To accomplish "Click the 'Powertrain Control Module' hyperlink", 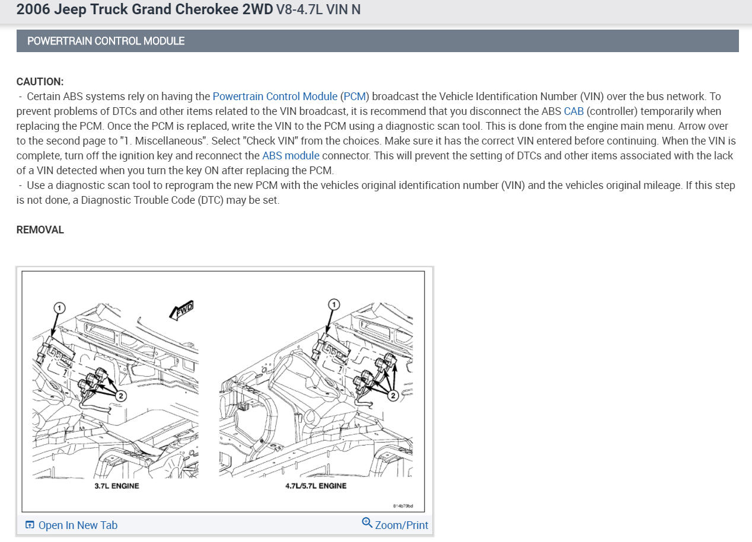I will pyautogui.click(x=275, y=96).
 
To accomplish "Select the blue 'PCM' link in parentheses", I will pyautogui.click(x=355, y=96).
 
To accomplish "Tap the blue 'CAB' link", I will pyautogui.click(x=573, y=111).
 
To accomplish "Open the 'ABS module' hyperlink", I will pyautogui.click(x=291, y=155).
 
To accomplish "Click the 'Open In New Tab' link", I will pyautogui.click(x=78, y=525).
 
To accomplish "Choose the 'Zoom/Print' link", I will pyautogui.click(x=402, y=525).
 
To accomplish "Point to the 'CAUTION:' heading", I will pyautogui.click(x=40, y=81).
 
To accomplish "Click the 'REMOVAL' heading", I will pyautogui.click(x=40, y=230).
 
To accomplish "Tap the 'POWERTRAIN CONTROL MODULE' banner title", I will pyautogui.click(x=106, y=41).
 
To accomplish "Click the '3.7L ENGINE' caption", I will pyautogui.click(x=117, y=486).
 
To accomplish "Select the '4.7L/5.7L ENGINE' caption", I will pyautogui.click(x=316, y=486).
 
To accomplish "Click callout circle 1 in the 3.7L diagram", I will pyautogui.click(x=59, y=307).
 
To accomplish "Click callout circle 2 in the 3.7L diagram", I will pyautogui.click(x=121, y=396).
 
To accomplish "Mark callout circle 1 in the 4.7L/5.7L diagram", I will pyautogui.click(x=334, y=304).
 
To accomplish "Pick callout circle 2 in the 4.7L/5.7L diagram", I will pyautogui.click(x=392, y=396).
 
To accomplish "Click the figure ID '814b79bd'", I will pyautogui.click(x=403, y=506).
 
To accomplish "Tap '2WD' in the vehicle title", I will pyautogui.click(x=257, y=9).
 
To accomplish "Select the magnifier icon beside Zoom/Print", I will pyautogui.click(x=367, y=522).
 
